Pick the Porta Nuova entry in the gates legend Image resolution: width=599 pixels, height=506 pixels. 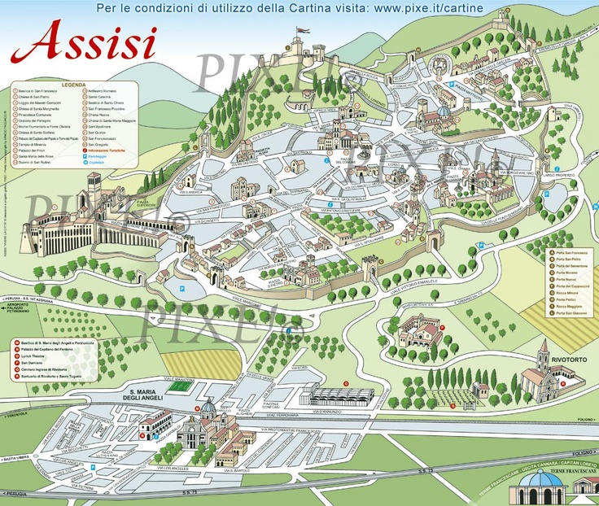point(566,277)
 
